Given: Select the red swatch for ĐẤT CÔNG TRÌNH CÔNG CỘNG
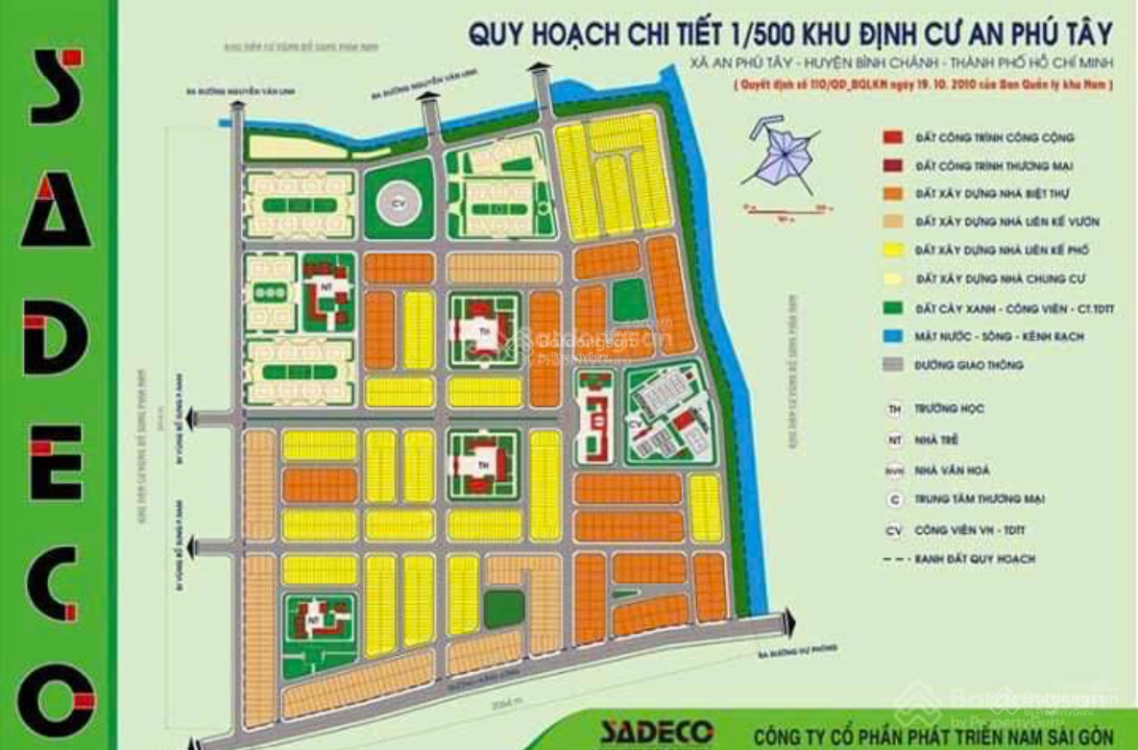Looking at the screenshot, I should coord(893,138).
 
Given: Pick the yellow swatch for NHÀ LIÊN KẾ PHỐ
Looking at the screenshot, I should coord(893,250).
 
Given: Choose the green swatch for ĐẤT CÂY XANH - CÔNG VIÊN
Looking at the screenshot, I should coord(893,308).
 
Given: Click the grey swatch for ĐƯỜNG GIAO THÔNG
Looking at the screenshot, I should coord(893,365).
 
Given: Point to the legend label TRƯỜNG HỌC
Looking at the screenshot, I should coord(951,409).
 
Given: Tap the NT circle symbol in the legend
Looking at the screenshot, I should coord(894,439).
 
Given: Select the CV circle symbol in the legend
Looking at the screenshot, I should coord(894,529).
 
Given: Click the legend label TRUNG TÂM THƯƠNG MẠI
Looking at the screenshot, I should coord(980,499).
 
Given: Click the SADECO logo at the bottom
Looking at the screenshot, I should coord(657,731).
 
